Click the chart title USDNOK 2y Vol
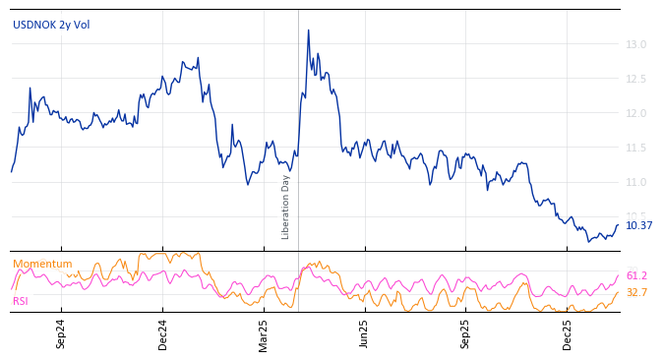click(51, 25)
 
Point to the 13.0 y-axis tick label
click(635, 44)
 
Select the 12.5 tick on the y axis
click(635, 79)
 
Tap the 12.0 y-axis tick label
click(635, 113)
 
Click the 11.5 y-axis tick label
click(635, 148)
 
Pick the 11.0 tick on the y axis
click(635, 182)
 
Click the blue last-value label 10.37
click(638, 225)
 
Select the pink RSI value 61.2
click(636, 276)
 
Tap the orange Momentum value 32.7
click(636, 292)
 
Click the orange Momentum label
click(42, 264)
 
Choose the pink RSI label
click(21, 301)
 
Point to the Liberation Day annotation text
click(286, 207)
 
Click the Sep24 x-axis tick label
click(61, 333)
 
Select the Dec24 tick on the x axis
click(163, 333)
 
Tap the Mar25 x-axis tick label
click(264, 333)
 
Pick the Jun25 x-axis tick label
click(364, 333)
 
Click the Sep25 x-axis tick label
click(465, 333)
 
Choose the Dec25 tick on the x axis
click(568, 333)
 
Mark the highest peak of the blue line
click(308, 30)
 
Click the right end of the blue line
click(619, 225)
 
